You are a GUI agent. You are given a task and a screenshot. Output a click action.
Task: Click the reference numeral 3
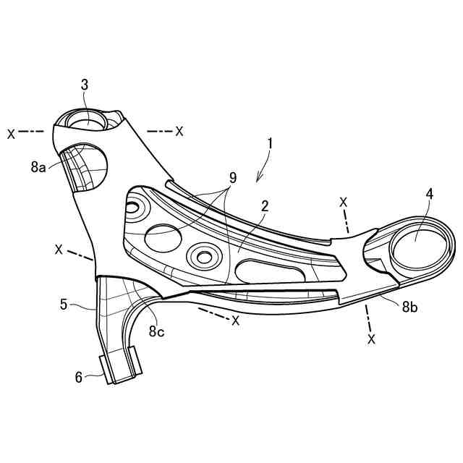(85, 85)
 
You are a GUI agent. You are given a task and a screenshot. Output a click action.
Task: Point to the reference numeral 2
(266, 206)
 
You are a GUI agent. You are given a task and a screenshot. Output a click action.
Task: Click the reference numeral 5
(64, 305)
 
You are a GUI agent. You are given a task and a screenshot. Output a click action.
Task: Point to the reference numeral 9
(232, 178)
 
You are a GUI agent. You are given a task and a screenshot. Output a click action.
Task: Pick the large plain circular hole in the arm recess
(163, 236)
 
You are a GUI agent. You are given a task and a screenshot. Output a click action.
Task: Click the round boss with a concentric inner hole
(202, 255)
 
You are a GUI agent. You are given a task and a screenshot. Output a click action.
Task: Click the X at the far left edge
(11, 133)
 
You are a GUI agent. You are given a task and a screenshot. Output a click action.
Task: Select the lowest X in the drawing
(372, 338)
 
